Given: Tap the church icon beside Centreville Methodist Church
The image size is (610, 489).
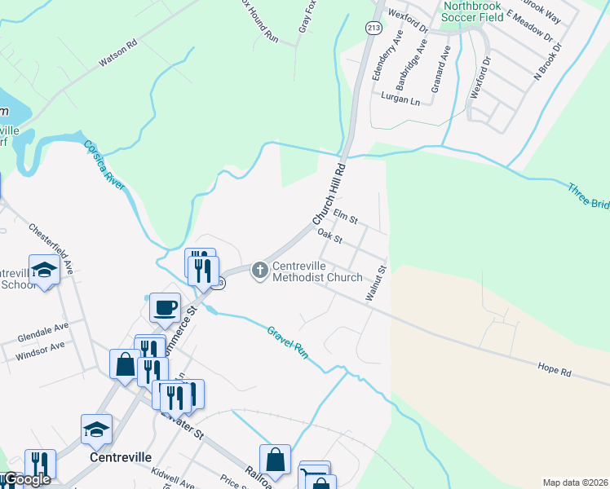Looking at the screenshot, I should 260,269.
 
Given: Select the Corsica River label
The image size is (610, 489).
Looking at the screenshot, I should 104,165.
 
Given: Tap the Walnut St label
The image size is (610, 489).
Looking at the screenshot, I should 375,283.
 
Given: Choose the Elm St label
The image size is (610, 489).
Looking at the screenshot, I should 346,216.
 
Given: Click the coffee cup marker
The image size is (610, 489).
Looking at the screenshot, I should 166,308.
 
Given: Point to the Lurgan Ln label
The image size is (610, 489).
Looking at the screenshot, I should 400,98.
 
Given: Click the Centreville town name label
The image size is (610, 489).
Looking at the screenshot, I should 119,458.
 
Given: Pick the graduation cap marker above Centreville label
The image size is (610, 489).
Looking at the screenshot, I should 97,429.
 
